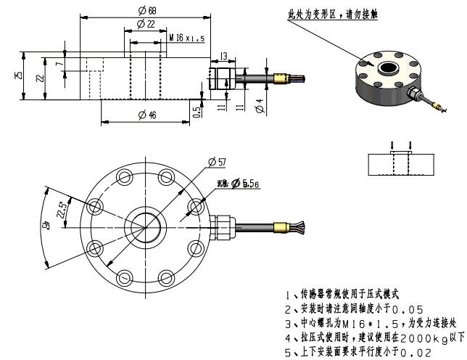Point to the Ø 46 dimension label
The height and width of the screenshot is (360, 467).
[147, 115]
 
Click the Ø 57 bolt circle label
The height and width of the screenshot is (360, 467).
[217, 161]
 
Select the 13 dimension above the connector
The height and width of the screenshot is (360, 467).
[223, 55]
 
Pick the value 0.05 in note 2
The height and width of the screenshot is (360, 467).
[407, 308]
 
